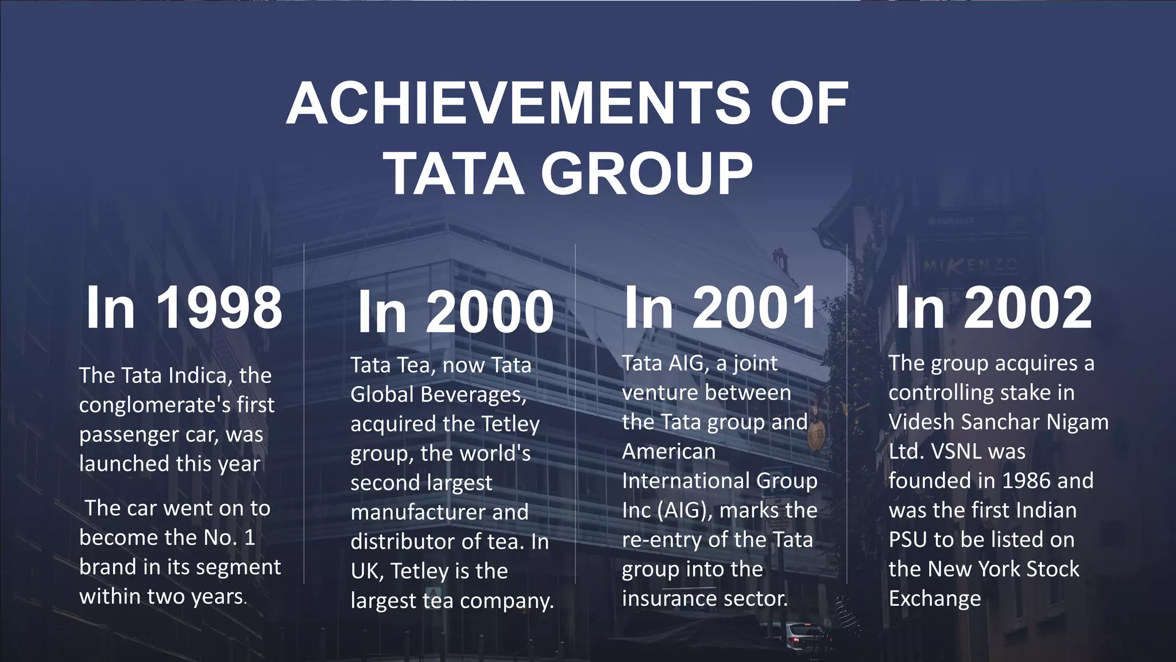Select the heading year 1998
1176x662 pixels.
(220, 308)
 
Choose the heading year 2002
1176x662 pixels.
(1028, 308)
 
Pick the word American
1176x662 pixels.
(668, 451)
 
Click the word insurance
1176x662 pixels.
(667, 598)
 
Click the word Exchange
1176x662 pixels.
(935, 598)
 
